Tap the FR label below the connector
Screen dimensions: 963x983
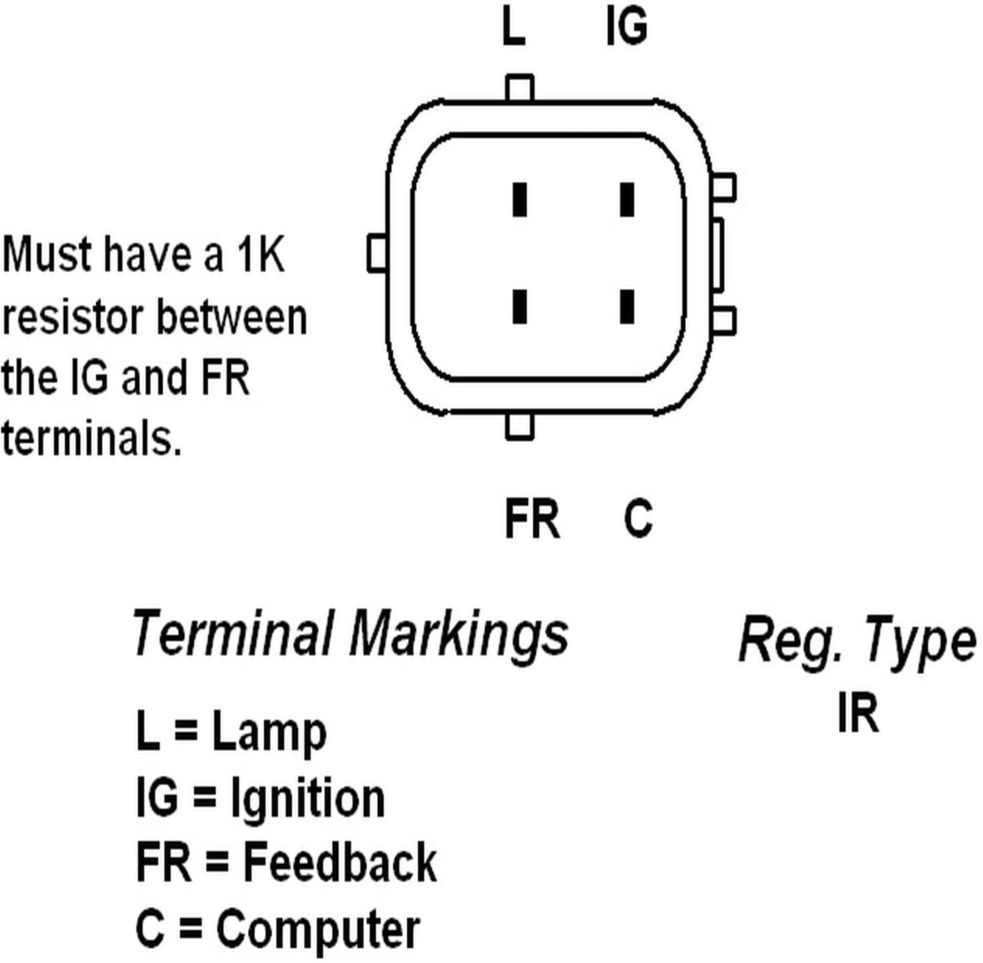point(531,518)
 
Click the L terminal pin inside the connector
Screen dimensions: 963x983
point(519,199)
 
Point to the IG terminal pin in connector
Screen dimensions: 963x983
point(627,199)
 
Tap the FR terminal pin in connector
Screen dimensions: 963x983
point(519,307)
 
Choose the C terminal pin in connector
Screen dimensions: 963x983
point(627,307)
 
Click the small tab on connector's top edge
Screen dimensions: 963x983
point(519,88)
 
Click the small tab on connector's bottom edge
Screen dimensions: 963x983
point(519,426)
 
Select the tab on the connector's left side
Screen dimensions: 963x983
point(377,253)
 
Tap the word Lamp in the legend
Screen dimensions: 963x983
point(269,732)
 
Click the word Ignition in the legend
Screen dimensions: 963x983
point(307,798)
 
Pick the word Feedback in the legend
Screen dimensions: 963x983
point(340,862)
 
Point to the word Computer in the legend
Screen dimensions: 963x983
point(318,930)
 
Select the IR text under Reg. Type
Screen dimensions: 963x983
point(858,713)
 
